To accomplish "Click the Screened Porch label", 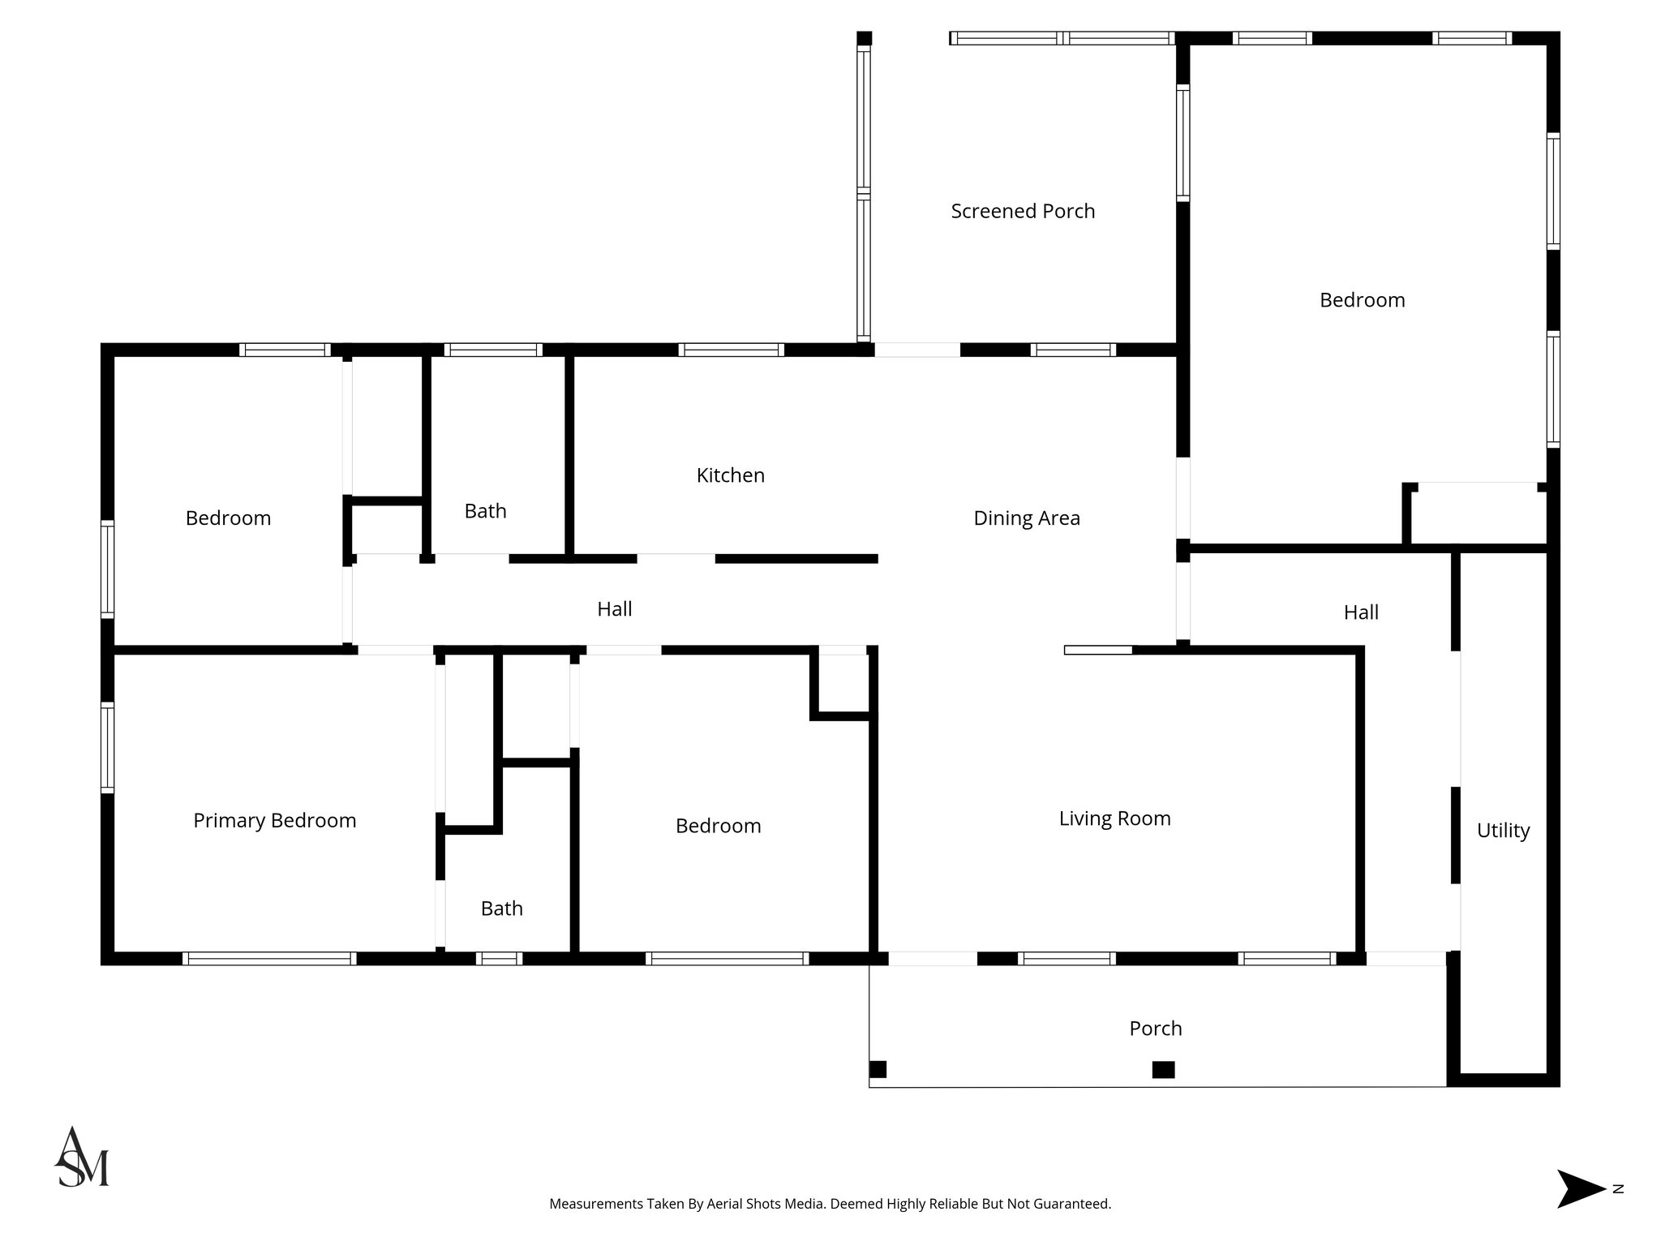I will [1023, 211].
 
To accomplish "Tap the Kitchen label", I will [730, 475].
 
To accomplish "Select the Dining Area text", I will [1027, 518].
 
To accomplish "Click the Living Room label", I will [1114, 818].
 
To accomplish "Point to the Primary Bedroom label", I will [274, 821].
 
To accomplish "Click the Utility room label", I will [1503, 831].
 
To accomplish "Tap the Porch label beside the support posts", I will [1155, 1029].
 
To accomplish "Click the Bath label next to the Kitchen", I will [485, 511].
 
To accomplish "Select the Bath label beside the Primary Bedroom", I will [501, 909].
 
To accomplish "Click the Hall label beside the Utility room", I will [1361, 612].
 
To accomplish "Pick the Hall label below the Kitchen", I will [614, 609].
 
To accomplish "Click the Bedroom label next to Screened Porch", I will [1362, 300].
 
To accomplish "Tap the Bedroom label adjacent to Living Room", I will [718, 826].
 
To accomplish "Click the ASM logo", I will [81, 1158].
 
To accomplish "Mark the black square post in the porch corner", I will [878, 1069].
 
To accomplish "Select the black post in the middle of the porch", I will [1163, 1070].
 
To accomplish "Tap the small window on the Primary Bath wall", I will [499, 958].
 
